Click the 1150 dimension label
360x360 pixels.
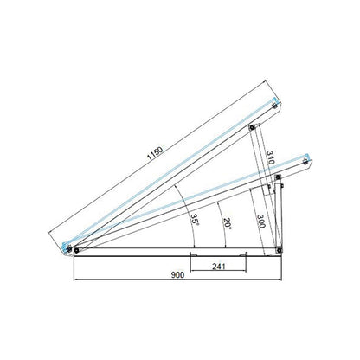[155, 153]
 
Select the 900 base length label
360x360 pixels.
[177, 275]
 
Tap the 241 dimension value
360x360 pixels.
[219, 267]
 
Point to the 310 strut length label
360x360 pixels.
[269, 157]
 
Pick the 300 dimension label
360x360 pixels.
[260, 222]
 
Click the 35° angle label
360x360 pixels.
[195, 220]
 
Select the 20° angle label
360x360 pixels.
[228, 223]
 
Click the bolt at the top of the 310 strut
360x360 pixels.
[252, 127]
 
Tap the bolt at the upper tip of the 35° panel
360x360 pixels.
[274, 106]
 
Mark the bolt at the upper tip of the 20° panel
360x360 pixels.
[305, 162]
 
